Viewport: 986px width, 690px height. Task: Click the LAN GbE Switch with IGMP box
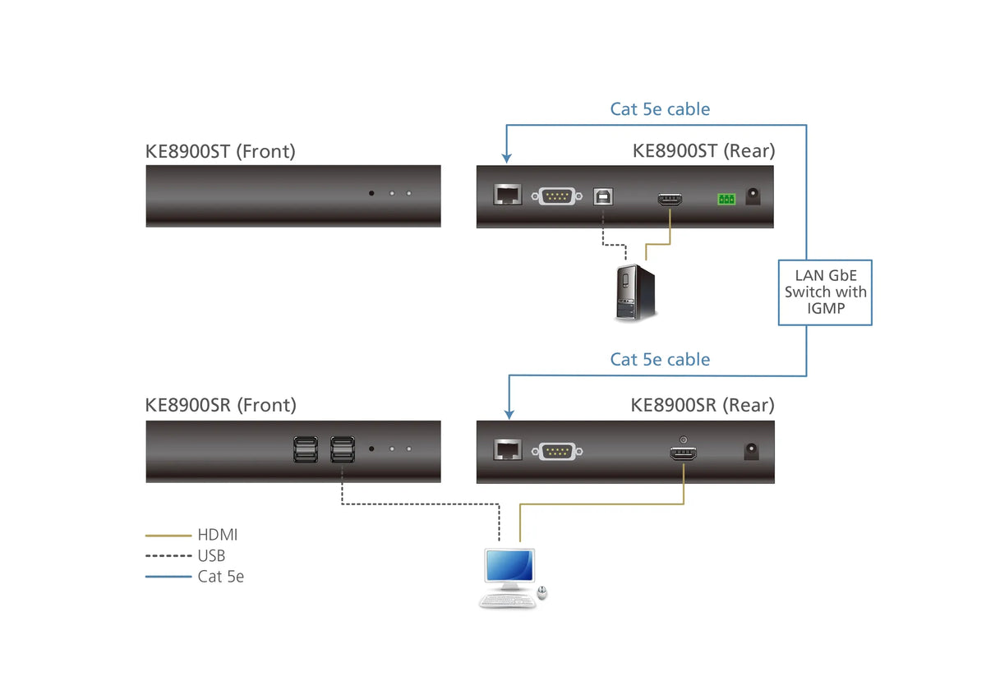pyautogui.click(x=824, y=292)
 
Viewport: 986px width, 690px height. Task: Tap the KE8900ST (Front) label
pyautogui.click(x=220, y=151)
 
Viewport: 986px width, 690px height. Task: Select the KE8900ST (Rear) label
pyautogui.click(x=703, y=151)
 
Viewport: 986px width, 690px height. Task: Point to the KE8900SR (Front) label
pyautogui.click(x=220, y=405)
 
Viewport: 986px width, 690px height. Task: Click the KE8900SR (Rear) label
pyautogui.click(x=703, y=405)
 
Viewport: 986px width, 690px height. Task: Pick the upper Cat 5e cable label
pyautogui.click(x=660, y=109)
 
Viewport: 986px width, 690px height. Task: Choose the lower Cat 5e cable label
pyautogui.click(x=660, y=360)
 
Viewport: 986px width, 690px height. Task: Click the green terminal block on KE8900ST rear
pyautogui.click(x=726, y=198)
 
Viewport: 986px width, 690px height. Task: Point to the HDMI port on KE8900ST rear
pyautogui.click(x=670, y=199)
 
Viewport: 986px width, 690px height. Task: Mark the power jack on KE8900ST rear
pyautogui.click(x=752, y=197)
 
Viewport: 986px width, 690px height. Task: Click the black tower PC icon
pyautogui.click(x=634, y=292)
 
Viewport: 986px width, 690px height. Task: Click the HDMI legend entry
pyautogui.click(x=217, y=536)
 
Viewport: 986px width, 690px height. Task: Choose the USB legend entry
pyautogui.click(x=211, y=556)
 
